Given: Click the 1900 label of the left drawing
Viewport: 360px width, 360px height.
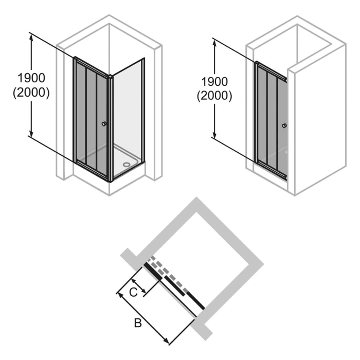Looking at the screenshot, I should [x=31, y=78].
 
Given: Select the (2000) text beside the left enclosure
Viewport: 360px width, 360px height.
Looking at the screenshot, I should [x=31, y=93].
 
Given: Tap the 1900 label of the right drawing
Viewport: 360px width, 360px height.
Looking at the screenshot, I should [x=214, y=81].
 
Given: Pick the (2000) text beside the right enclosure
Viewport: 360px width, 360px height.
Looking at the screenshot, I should [x=214, y=96].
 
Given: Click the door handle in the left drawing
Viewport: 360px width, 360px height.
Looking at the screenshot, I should [x=104, y=124].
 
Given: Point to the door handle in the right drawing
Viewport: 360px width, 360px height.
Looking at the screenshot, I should [x=284, y=126].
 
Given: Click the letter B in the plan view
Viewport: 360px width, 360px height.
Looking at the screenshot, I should [x=137, y=323].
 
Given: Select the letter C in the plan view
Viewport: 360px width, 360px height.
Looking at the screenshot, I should [x=133, y=293].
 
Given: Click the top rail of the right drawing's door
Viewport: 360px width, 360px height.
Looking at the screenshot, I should [x=271, y=71].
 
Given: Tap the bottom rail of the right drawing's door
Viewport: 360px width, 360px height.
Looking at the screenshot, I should [x=271, y=170].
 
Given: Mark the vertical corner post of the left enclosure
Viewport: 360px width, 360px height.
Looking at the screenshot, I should [x=110, y=129].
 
